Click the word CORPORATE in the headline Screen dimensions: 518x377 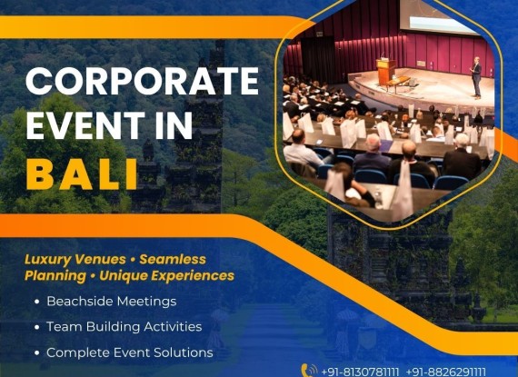click(142, 81)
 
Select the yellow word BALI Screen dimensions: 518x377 click(81, 174)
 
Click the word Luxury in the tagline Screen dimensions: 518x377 click(47, 260)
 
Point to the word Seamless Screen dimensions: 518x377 click(173, 259)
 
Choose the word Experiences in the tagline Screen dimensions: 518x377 click(194, 275)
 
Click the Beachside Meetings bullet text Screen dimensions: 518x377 click(112, 302)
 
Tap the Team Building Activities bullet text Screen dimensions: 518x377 click(125, 327)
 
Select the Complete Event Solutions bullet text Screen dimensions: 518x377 click(129, 352)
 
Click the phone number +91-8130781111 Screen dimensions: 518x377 click(360, 372)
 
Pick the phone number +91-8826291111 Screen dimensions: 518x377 click(446, 372)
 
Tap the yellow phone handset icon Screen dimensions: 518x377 click(309, 371)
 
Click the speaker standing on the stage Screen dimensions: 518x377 click(476, 78)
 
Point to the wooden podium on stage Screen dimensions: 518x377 click(386, 72)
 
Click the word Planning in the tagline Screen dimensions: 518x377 click(55, 276)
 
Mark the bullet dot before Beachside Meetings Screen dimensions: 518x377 click(37, 302)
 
